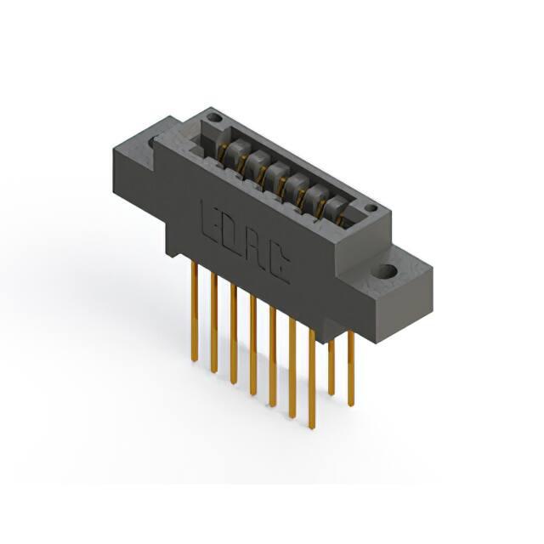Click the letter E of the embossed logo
click(208, 221)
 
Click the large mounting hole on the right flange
click(385, 270)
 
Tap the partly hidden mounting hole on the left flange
click(151, 142)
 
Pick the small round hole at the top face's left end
click(215, 117)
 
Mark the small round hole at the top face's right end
click(371, 208)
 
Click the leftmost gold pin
click(195, 312)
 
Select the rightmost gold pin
click(351, 368)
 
